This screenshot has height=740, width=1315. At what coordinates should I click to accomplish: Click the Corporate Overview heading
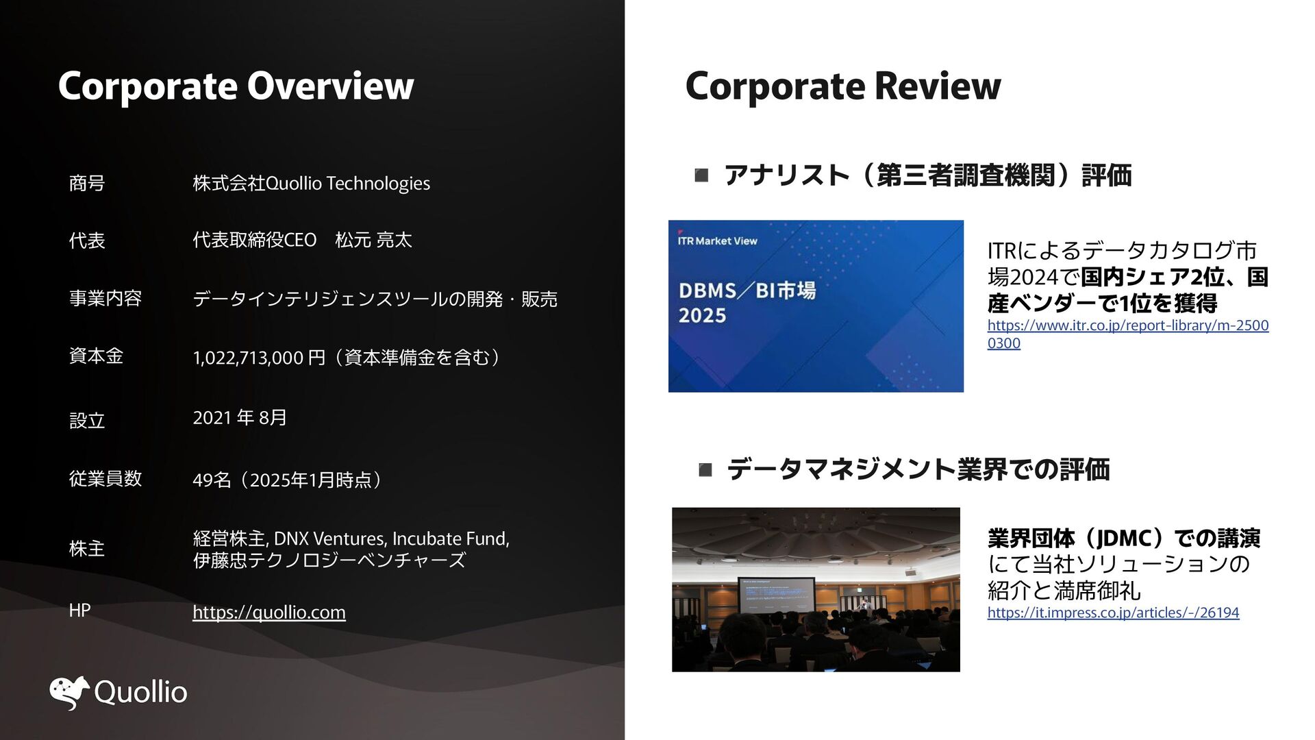click(236, 86)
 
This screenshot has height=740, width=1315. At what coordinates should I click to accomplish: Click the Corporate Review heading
click(843, 86)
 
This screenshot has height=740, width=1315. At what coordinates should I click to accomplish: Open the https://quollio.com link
click(269, 612)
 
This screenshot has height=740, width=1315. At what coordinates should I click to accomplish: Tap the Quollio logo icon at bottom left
click(70, 692)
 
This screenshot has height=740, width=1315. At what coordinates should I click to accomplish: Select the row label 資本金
click(96, 356)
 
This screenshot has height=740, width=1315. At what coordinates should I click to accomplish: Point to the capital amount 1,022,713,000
click(248, 358)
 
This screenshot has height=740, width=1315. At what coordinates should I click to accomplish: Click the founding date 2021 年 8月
click(240, 417)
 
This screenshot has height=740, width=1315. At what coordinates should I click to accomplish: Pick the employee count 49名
click(212, 480)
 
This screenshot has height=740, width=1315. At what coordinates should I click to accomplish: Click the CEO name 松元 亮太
click(373, 240)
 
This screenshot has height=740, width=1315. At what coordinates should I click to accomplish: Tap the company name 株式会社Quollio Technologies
click(312, 184)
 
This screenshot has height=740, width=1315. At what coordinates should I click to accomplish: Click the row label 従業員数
click(105, 478)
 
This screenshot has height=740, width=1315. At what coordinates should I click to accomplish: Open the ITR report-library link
click(1128, 334)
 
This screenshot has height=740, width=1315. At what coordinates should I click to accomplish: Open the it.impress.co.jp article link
click(1113, 612)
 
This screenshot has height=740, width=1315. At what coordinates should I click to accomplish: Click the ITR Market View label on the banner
click(717, 241)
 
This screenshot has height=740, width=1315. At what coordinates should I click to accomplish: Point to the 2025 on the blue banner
click(702, 316)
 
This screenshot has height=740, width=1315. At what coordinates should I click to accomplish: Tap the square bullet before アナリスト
click(701, 176)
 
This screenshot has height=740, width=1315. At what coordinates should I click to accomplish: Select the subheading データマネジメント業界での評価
click(918, 469)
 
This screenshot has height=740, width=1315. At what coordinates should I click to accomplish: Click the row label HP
click(79, 610)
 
